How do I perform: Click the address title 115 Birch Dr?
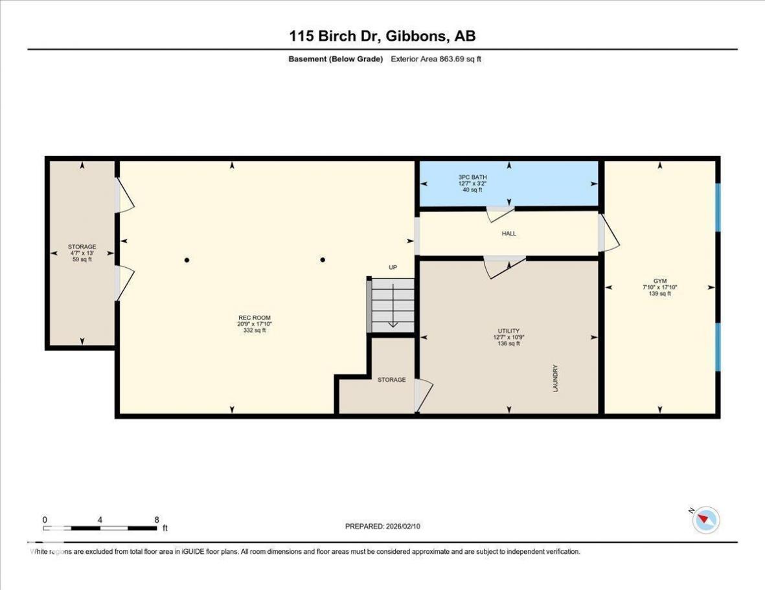(337, 36)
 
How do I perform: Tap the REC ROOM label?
(254, 318)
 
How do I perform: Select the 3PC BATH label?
(472, 177)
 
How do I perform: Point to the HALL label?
(509, 234)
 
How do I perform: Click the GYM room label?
(660, 281)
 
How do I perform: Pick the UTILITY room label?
(508, 331)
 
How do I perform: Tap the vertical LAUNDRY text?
(555, 378)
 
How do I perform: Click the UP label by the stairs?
(393, 267)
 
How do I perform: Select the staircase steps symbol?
(393, 305)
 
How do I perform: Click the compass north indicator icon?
(705, 520)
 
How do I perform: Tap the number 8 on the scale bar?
(157, 520)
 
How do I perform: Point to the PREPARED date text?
(382, 526)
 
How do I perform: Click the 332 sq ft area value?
(254, 331)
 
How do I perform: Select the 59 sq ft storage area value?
(82, 259)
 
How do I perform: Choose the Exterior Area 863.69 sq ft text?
(436, 59)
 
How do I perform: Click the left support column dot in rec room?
(187, 260)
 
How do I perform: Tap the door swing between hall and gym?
(610, 234)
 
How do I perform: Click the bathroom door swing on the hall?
(499, 213)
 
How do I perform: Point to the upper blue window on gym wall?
(718, 207)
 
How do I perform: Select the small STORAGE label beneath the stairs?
(391, 380)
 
